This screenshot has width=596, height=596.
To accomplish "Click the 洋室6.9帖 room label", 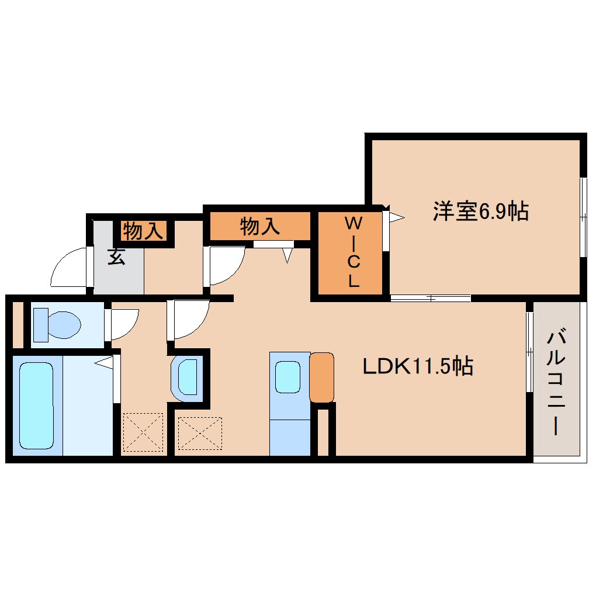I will [x=480, y=211].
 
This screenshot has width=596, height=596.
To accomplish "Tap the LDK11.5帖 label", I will [x=417, y=366].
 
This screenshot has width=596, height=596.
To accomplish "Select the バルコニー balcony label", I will [x=557, y=383].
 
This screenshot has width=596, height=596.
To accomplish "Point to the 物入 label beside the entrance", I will [x=143, y=231].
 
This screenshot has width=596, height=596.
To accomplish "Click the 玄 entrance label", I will [x=116, y=257].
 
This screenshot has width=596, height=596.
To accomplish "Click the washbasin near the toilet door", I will [x=187, y=377].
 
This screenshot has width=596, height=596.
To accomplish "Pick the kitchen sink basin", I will [x=287, y=377].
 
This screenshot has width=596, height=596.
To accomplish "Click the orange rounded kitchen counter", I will [x=321, y=377].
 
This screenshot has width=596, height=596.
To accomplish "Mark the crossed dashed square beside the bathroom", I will [x=143, y=432].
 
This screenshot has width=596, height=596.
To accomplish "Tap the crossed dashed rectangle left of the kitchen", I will [x=200, y=433].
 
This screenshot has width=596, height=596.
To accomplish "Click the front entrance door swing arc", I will [x=69, y=269].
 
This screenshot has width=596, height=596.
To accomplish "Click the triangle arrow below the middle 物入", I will [x=288, y=255].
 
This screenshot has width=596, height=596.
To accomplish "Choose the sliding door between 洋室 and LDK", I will [x=431, y=299].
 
